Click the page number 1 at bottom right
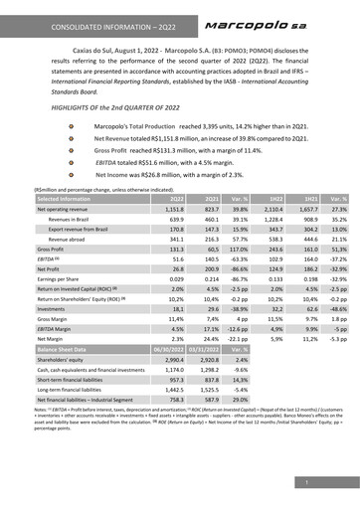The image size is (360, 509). [337, 482]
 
